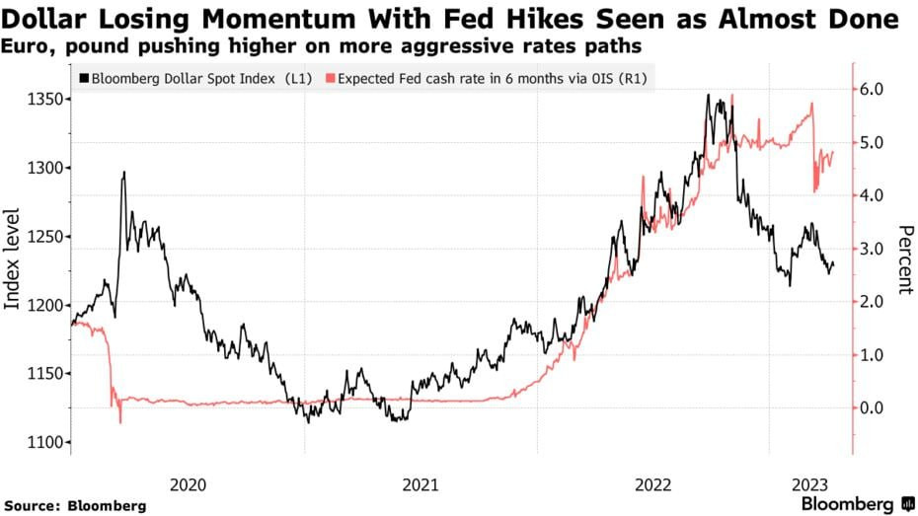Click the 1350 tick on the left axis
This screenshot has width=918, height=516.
[48, 100]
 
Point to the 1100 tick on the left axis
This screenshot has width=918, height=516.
[48, 441]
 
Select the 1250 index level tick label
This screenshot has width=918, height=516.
[48, 237]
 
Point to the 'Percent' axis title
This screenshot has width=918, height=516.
[903, 259]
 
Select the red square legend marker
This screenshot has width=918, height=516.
[331, 78]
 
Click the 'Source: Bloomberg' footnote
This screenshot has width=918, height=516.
[74, 505]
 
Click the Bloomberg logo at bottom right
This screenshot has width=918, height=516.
[856, 503]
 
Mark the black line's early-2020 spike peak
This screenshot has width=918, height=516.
[123, 173]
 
